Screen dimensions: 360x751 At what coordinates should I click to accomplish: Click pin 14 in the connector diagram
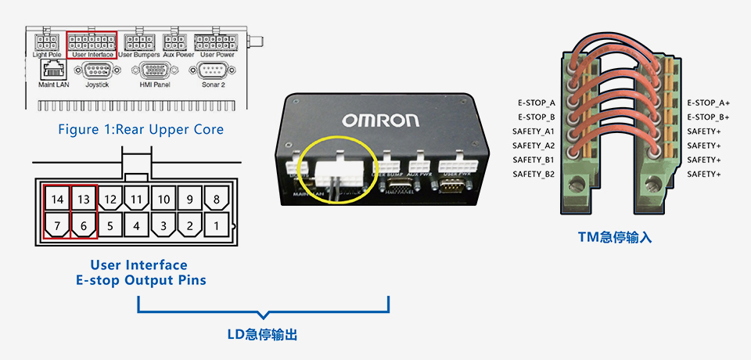click(56, 200)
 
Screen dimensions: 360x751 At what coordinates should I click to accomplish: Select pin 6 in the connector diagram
click(83, 227)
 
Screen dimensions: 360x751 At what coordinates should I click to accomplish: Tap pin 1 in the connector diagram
click(216, 227)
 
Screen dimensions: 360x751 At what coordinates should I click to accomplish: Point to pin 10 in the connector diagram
click(163, 200)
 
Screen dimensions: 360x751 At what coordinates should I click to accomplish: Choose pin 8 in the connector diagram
click(216, 200)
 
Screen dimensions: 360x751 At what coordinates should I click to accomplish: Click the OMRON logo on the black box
click(379, 121)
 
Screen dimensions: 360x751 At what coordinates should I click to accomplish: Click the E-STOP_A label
click(536, 103)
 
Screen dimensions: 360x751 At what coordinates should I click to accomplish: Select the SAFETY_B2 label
click(534, 174)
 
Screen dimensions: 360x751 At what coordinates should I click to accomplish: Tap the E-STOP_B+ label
click(708, 117)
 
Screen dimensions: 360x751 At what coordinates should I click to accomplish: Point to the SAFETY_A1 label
click(534, 131)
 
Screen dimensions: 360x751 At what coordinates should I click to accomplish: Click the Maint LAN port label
click(53, 85)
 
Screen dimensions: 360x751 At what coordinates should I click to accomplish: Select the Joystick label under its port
click(97, 85)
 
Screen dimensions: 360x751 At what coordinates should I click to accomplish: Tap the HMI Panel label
click(154, 85)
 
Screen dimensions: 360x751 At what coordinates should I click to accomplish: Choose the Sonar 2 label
click(212, 85)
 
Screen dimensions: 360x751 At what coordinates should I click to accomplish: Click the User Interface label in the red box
click(92, 55)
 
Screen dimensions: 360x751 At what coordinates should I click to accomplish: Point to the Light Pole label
click(47, 55)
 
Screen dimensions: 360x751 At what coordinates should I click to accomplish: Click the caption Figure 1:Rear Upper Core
click(140, 129)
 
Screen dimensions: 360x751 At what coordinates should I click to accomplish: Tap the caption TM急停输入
click(614, 236)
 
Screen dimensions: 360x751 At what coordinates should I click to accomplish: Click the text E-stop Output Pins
click(141, 280)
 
